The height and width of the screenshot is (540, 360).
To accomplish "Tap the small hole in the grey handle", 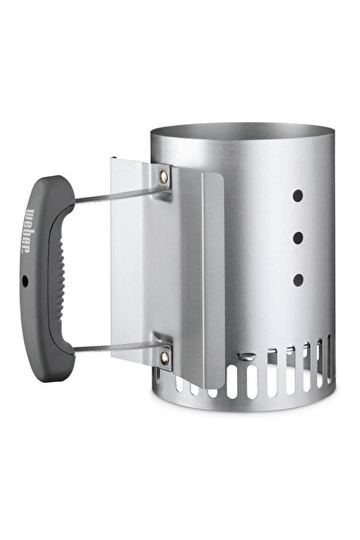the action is (x=25, y=281).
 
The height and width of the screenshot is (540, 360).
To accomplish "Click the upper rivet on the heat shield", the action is (x=163, y=177).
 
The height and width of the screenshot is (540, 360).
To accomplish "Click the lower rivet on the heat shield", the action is (x=165, y=359).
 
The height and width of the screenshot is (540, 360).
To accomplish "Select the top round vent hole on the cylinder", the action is (x=298, y=196).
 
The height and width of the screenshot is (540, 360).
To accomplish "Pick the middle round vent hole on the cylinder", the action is (x=298, y=238).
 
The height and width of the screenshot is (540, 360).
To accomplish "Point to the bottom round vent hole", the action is (x=298, y=280).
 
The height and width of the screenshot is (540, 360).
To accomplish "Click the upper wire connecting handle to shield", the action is (x=117, y=194).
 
